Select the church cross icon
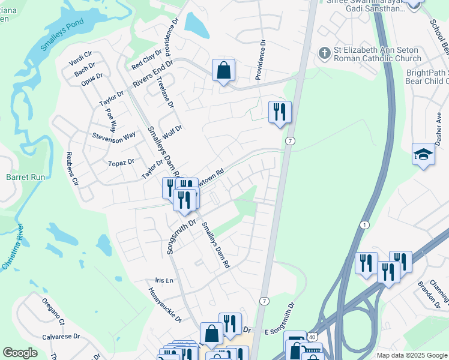point(325,53)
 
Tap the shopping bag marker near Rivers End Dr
point(223,71)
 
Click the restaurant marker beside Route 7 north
point(280,112)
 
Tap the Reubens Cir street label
point(72,172)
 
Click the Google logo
point(20,352)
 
